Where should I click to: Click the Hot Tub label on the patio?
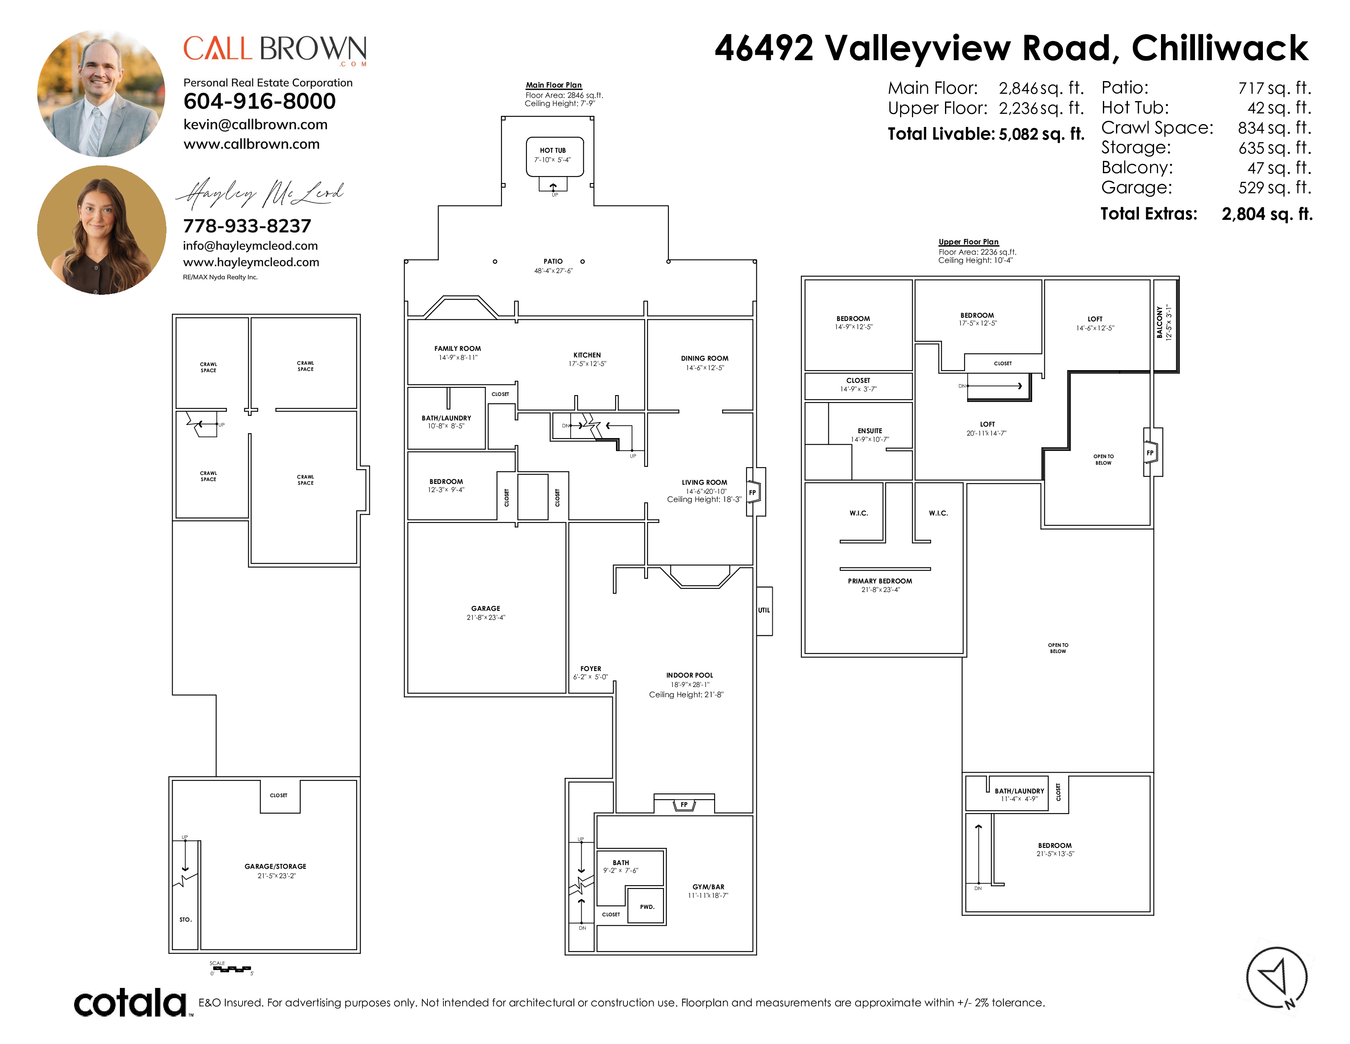[x=553, y=150]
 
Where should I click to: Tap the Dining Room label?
[x=705, y=358]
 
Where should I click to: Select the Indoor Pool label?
[x=689, y=676]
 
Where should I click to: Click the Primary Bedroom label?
[x=880, y=581]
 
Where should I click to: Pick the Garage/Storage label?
[x=275, y=866]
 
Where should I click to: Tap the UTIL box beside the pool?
[x=765, y=610]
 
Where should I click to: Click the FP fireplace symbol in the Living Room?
[x=753, y=492]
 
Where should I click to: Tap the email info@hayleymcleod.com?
[x=250, y=246]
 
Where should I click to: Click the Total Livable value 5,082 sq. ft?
[x=1042, y=134]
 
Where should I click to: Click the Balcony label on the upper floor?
[x=1160, y=322]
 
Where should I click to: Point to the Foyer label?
[x=590, y=669]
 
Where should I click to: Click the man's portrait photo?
[x=101, y=93]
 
